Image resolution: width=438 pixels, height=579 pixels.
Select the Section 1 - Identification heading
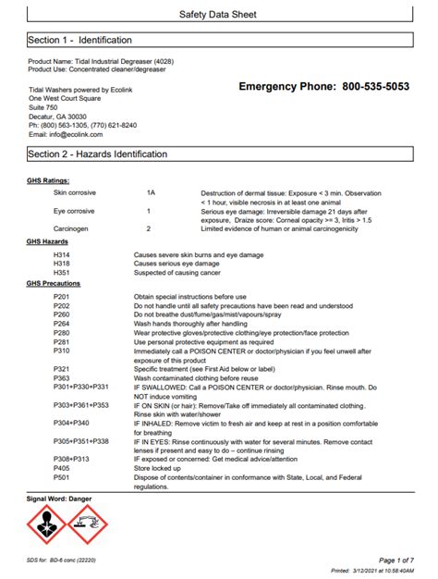pyautogui.click(x=79, y=41)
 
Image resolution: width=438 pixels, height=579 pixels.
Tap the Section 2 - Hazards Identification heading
pyautogui.click(x=97, y=154)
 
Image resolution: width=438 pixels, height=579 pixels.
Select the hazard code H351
pyautogui.click(x=62, y=272)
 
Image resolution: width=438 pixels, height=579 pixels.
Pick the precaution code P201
pyautogui.click(x=62, y=296)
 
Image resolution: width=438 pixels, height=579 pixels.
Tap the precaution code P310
pyautogui.click(x=62, y=351)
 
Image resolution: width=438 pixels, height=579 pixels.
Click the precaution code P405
pyautogui.click(x=62, y=468)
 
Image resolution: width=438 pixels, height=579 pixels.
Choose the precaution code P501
pyautogui.click(x=62, y=477)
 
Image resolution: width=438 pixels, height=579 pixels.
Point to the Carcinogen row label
pyautogui.click(x=72, y=228)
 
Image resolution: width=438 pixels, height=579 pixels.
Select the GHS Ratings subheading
pyautogui.click(x=48, y=180)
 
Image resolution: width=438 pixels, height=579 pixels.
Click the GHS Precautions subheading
pyautogui.click(x=54, y=284)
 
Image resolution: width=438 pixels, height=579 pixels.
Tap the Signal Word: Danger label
pyautogui.click(x=59, y=499)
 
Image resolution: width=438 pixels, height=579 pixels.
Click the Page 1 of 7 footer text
pyautogui.click(x=397, y=561)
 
